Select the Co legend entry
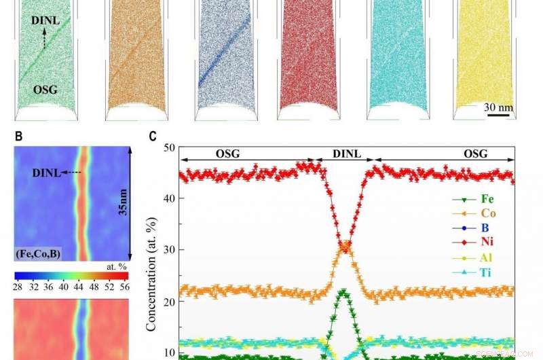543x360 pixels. (487, 213)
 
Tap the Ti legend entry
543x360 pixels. (487, 273)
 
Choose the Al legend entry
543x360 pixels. (487, 258)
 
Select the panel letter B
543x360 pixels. (19, 136)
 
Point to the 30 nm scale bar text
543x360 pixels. (499, 107)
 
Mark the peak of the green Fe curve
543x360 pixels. (344, 293)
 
